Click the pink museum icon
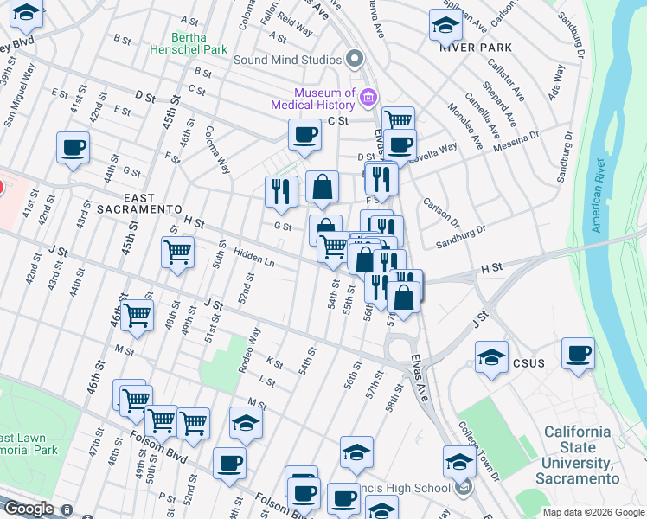click(369, 96)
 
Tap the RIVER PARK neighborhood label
click(475, 48)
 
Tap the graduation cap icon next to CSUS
click(490, 356)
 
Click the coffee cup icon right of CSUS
click(578, 353)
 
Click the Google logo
click(29, 509)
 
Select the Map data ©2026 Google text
click(593, 512)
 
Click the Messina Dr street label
click(517, 142)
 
